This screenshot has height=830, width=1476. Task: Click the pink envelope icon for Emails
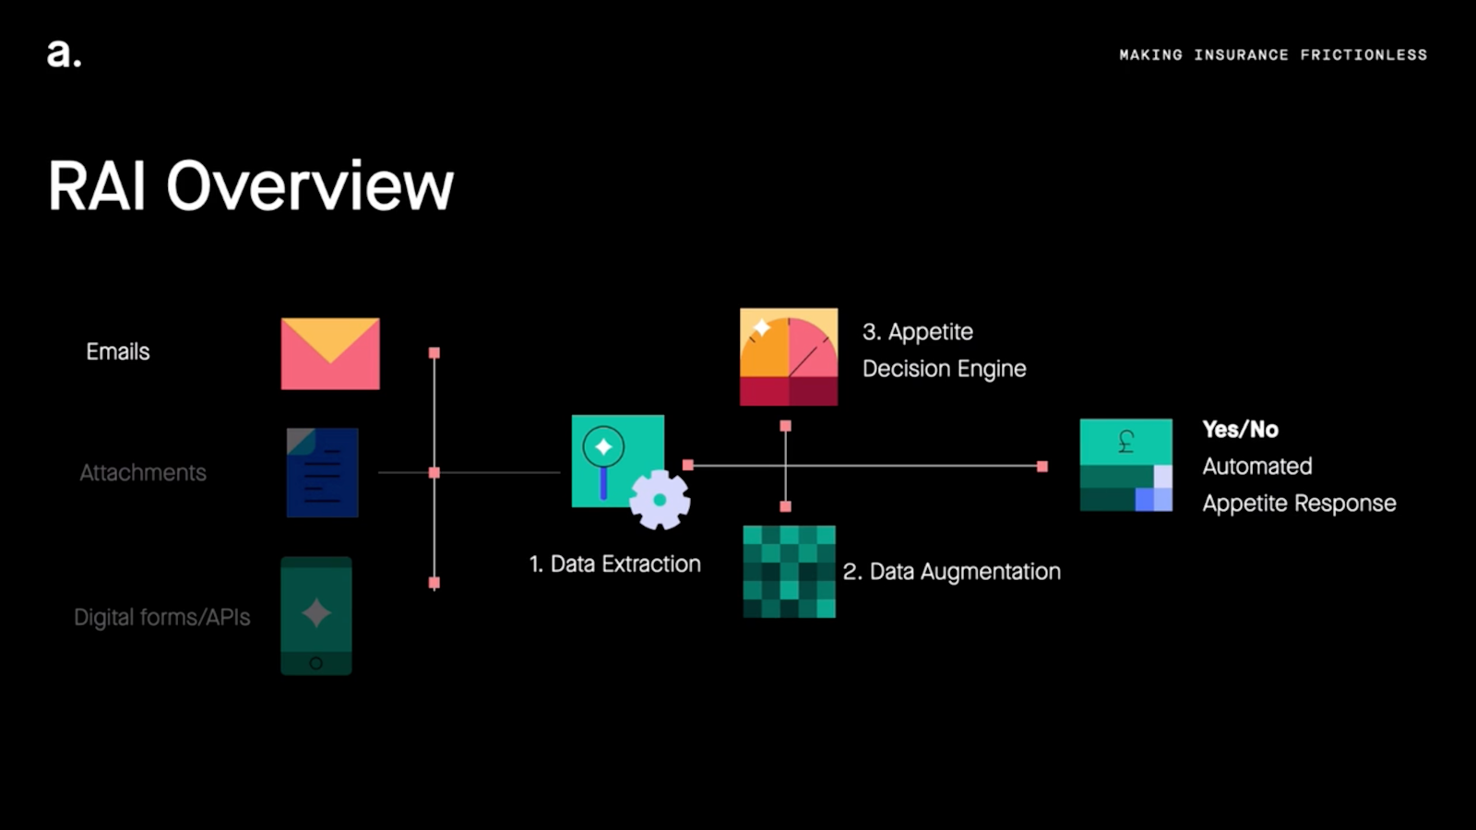pyautogui.click(x=330, y=353)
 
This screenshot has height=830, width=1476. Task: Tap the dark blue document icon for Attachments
pyautogui.click(x=322, y=472)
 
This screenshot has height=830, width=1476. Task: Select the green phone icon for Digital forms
pyautogui.click(x=316, y=615)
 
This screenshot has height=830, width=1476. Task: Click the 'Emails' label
pyautogui.click(x=118, y=351)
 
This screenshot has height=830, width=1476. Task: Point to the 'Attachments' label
pyautogui.click(x=143, y=472)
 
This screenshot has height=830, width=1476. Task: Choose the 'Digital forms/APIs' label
pyautogui.click(x=162, y=617)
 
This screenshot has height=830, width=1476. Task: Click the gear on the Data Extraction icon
pyautogui.click(x=660, y=500)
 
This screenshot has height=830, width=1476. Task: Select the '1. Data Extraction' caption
pyautogui.click(x=615, y=563)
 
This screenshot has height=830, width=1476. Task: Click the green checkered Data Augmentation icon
pyautogui.click(x=790, y=571)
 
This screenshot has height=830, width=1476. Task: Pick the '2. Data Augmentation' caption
pyautogui.click(x=952, y=572)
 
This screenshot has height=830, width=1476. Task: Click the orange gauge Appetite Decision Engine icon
pyautogui.click(x=789, y=357)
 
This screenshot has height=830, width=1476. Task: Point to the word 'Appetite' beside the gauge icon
pyautogui.click(x=931, y=332)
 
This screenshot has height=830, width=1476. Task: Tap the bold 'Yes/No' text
pyautogui.click(x=1240, y=429)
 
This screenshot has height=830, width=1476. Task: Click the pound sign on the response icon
pyautogui.click(x=1125, y=442)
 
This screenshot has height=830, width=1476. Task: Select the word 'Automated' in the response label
pyautogui.click(x=1257, y=466)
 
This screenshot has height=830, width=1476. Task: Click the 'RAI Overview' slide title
pyautogui.click(x=251, y=185)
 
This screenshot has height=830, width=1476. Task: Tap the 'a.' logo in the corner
pyautogui.click(x=64, y=53)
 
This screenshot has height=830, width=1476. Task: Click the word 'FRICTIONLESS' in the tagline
pyautogui.click(x=1363, y=55)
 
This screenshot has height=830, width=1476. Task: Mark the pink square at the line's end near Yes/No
pyautogui.click(x=1042, y=467)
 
